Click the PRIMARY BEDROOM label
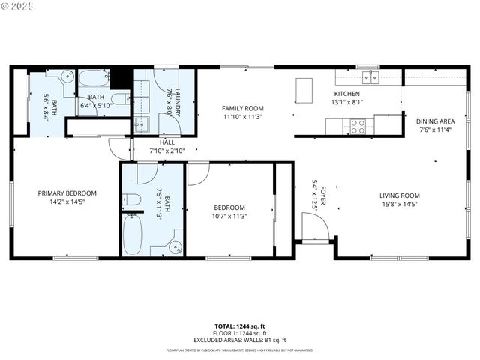click(x=67, y=193)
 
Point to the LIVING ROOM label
click(x=399, y=196)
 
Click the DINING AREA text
click(x=436, y=121)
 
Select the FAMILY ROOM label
click(x=243, y=108)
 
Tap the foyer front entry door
click(x=313, y=227)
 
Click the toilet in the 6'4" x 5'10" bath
click(x=118, y=98)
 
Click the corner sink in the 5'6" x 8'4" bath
click(x=66, y=76)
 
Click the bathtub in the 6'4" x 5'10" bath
click(x=94, y=79)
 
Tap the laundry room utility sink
click(x=141, y=124)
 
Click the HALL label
click(x=167, y=142)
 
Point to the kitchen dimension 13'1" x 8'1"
click(x=347, y=102)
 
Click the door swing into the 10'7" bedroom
click(x=196, y=173)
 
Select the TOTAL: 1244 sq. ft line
click(x=240, y=326)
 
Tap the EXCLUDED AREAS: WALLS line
click(x=240, y=338)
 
